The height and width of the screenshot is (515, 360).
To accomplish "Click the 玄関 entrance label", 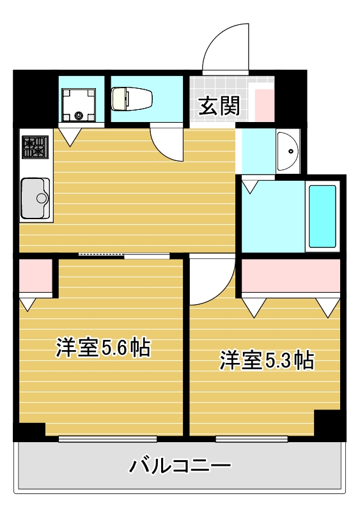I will pos(219,105).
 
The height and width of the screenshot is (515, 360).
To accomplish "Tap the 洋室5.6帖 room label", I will pos(103,347).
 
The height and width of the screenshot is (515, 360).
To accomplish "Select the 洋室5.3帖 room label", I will pos(267,360).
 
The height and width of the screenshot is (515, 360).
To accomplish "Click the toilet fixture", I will pos(132,99).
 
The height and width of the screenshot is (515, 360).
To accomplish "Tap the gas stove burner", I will pos(35,146).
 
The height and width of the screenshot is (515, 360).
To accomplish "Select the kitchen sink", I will pos(35,197).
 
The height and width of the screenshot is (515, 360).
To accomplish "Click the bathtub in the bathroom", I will pos(322,216).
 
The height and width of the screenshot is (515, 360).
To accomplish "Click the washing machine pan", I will pos(79,104).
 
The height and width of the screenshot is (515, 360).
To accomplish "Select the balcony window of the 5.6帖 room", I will pos(107,439).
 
